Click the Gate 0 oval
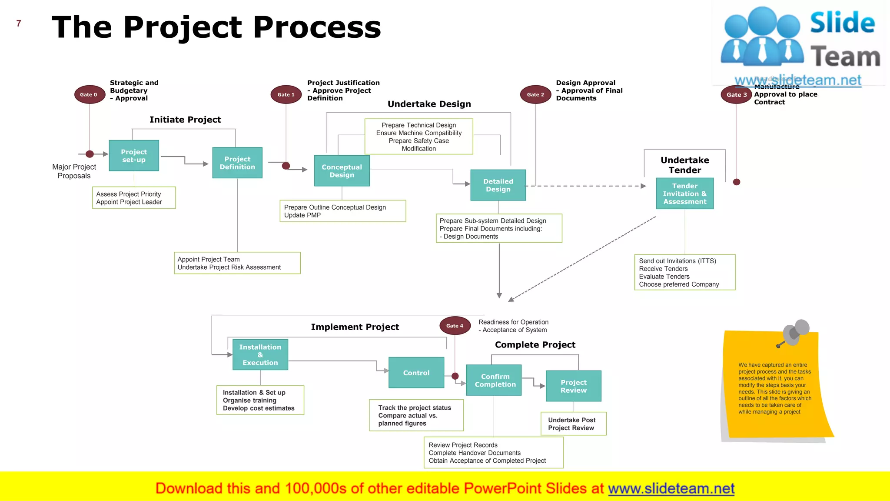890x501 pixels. click(x=90, y=94)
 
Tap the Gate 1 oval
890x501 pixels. click(x=286, y=94)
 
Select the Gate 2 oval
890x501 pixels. click(x=535, y=94)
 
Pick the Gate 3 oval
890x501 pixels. click(x=737, y=94)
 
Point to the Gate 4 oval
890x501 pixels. click(x=455, y=326)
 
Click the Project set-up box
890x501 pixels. click(x=134, y=156)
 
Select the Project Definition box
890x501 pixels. click(x=237, y=163)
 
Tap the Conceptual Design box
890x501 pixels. click(x=342, y=171)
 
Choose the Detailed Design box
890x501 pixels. click(x=498, y=185)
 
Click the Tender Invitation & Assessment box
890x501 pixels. click(x=685, y=194)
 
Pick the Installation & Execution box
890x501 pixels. click(x=260, y=355)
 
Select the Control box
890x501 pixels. click(x=416, y=373)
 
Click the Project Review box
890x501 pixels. click(x=574, y=386)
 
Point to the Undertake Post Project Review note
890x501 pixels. click(x=574, y=424)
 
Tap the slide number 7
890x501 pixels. click(x=19, y=23)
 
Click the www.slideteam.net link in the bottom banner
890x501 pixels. click(x=671, y=488)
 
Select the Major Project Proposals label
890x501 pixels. click(x=74, y=171)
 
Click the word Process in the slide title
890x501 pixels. click(x=317, y=27)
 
